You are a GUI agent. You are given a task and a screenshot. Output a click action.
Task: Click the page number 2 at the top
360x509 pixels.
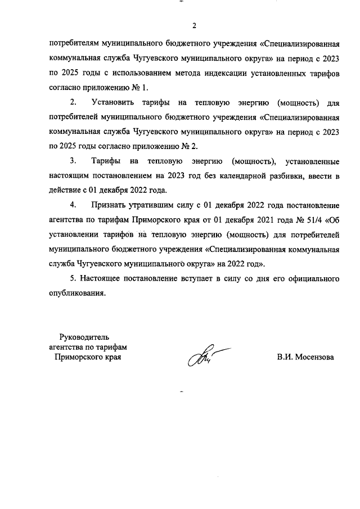click(x=194, y=25)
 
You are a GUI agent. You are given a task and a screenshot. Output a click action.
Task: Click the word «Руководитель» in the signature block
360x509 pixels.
click(x=76, y=337)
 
